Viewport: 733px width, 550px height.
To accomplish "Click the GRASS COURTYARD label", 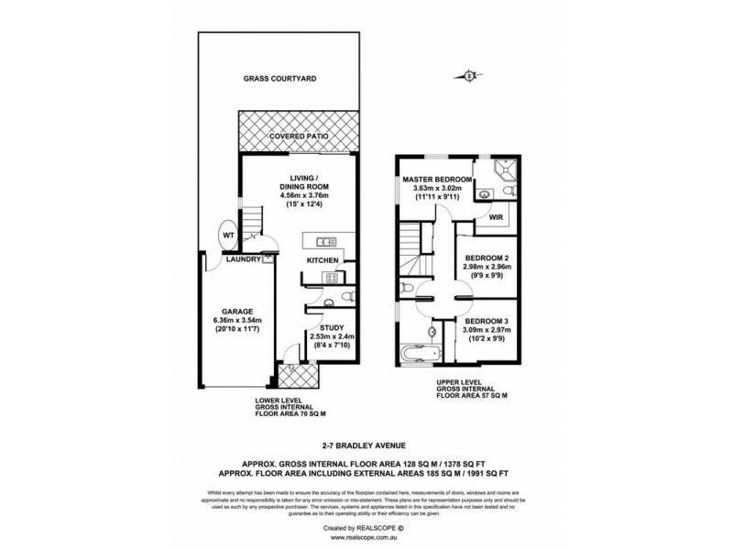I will pos(279,80).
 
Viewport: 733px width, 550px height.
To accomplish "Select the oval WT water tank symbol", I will pos(228,236).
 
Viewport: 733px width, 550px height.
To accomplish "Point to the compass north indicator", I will pos(470,76).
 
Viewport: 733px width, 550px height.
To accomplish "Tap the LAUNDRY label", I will pos(244,259).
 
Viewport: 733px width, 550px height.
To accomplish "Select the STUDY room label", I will pos(330,326).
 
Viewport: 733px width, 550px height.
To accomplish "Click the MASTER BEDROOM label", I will pos(436,179).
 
